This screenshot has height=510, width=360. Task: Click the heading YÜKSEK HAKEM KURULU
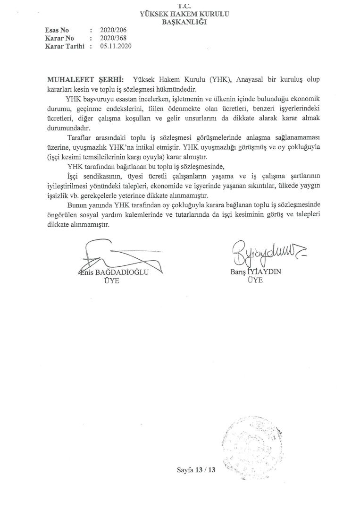click(x=184, y=14)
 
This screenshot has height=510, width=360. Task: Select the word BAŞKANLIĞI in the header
click(x=184, y=22)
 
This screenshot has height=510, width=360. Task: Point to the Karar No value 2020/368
click(x=113, y=38)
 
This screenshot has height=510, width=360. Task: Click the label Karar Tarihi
click(x=64, y=46)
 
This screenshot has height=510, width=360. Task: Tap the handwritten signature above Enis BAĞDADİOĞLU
click(x=118, y=257)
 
